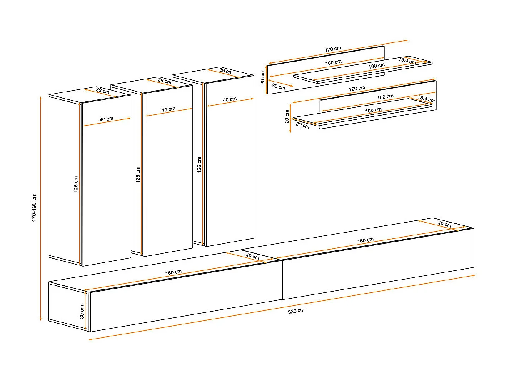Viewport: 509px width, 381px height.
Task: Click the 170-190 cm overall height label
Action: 34,208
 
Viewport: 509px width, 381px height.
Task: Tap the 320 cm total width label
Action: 296,311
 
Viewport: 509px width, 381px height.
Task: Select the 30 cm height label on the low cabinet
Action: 82,312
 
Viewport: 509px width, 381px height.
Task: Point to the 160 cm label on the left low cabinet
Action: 173,272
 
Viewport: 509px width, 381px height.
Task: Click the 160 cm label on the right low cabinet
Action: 365,240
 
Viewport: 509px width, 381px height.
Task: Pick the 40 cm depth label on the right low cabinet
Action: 444,224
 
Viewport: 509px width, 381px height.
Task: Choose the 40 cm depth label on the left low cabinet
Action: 252,256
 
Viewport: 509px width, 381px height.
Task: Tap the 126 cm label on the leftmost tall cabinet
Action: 76,184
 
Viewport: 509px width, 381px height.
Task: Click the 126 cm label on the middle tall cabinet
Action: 138,175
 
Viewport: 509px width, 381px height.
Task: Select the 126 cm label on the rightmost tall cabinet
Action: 199,165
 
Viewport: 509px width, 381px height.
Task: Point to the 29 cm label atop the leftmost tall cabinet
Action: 102,91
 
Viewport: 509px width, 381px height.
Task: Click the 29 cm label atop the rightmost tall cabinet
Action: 226,71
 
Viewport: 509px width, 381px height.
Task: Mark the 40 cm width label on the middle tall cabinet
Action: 168,109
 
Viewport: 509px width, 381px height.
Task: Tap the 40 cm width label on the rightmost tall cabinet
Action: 230,99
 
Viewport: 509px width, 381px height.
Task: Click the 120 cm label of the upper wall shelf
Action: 333,49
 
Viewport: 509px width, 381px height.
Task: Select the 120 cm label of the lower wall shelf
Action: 357,88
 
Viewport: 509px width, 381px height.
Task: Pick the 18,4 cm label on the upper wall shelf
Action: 407,61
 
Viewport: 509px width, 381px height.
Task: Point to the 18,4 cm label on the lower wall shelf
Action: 426,99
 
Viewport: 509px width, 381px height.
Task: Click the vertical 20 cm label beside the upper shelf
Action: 263,78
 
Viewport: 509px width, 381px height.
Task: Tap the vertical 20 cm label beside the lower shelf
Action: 287,116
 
